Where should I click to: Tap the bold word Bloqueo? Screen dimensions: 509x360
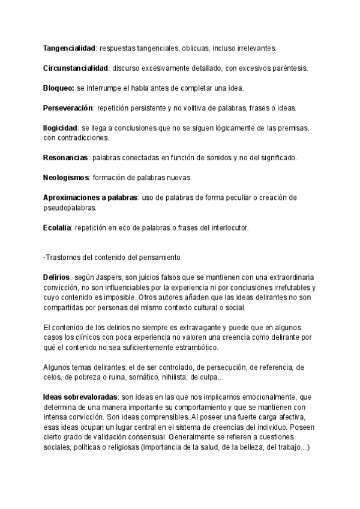pos(59,88)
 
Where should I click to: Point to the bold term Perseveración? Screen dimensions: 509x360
pos(68,108)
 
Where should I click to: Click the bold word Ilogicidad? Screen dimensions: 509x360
pos(61,128)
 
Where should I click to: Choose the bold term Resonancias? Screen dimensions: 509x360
pos(65,157)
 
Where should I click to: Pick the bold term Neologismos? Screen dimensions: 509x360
pos(65,178)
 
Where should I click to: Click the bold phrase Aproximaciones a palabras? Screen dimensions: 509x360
pos(90,197)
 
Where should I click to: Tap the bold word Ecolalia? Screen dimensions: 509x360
pos(57,227)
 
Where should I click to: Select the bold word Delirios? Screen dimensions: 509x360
pos(57,278)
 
